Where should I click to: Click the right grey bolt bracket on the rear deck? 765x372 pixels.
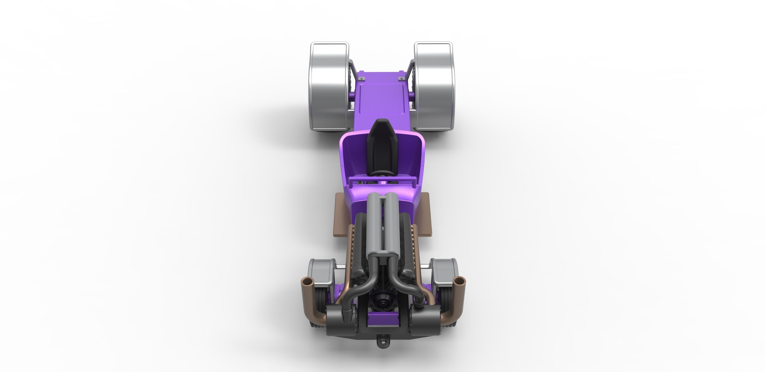[x=402, y=79]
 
